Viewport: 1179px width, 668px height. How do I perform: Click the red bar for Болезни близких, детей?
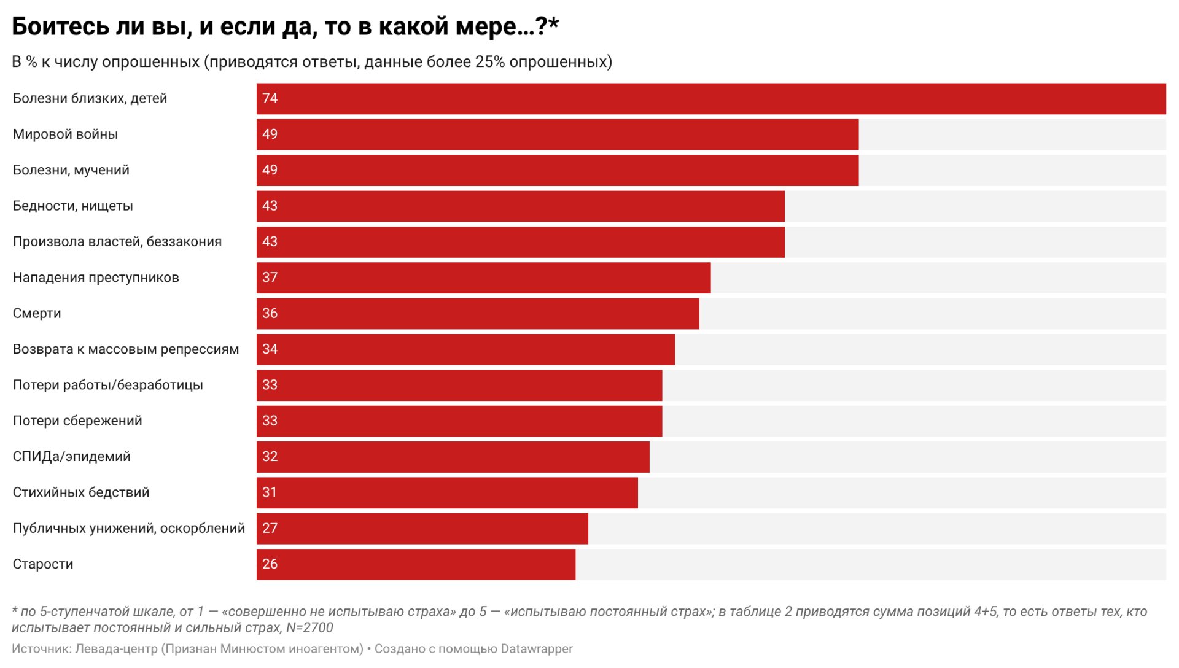pyautogui.click(x=711, y=99)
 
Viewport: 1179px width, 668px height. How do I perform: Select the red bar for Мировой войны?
pyautogui.click(x=557, y=134)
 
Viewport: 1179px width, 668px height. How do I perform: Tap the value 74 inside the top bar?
pyautogui.click(x=270, y=98)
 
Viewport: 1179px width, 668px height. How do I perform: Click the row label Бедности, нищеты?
pyautogui.click(x=72, y=206)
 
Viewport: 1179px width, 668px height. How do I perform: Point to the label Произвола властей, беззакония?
pyautogui.click(x=117, y=242)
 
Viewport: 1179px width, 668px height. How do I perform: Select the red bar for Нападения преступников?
pyautogui.click(x=483, y=278)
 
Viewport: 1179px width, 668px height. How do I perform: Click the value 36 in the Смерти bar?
pyautogui.click(x=270, y=313)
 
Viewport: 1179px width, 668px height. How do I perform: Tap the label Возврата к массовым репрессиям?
pyautogui.click(x=125, y=349)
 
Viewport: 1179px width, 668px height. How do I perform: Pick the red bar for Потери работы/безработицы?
pyautogui.click(x=459, y=385)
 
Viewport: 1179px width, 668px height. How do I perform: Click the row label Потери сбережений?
pyautogui.click(x=77, y=421)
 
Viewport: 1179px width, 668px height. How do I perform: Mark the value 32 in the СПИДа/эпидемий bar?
pyautogui.click(x=270, y=457)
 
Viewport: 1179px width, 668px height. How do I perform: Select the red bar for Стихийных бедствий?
pyautogui.click(x=446, y=492)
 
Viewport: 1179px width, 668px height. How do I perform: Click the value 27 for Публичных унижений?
pyautogui.click(x=270, y=528)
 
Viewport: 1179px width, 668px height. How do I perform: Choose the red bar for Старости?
pyautogui.click(x=416, y=564)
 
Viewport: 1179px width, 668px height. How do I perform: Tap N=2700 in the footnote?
pyautogui.click(x=309, y=628)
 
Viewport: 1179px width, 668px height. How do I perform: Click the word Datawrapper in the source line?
pyautogui.click(x=536, y=649)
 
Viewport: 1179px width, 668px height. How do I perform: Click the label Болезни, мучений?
pyautogui.click(x=71, y=170)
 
